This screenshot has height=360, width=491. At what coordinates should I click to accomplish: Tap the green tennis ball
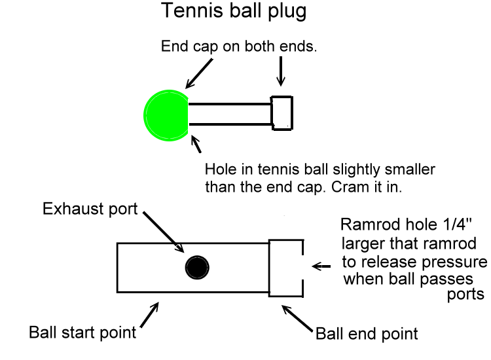click(x=166, y=115)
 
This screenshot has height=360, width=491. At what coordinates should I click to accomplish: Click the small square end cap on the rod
click(x=282, y=112)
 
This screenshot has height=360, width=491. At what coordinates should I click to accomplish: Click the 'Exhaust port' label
click(x=89, y=209)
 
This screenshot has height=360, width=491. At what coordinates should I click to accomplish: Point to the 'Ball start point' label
click(x=82, y=332)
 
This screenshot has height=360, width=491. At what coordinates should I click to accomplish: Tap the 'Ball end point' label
click(x=367, y=333)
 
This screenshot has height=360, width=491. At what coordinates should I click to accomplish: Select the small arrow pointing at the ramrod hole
click(x=322, y=266)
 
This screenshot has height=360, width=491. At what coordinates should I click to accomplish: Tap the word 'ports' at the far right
click(x=465, y=295)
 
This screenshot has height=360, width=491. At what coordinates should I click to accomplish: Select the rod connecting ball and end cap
click(x=230, y=113)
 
